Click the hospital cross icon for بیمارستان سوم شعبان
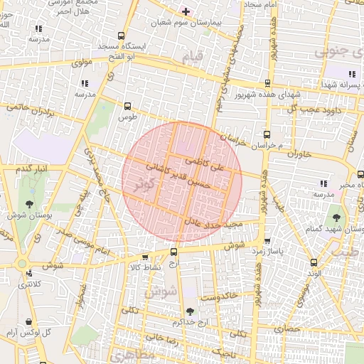[186, 11]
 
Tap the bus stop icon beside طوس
[128, 105]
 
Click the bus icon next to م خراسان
[267, 134]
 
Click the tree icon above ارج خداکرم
[189, 311]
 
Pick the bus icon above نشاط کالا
[146, 257]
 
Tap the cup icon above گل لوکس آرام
[28, 321]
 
